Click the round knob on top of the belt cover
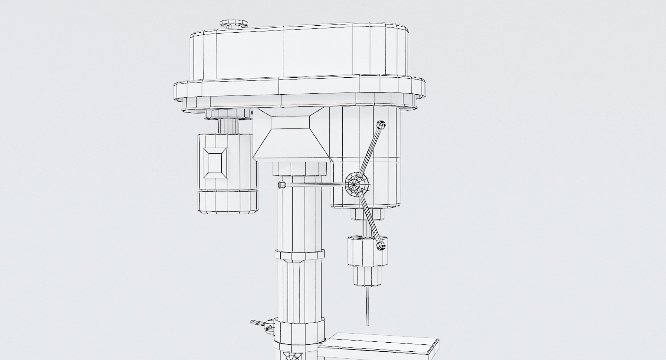tap(234, 24)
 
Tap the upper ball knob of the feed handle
tap(381, 125)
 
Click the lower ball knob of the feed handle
tap(381, 246)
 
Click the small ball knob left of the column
tap(281, 185)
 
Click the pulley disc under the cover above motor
tap(227, 113)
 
